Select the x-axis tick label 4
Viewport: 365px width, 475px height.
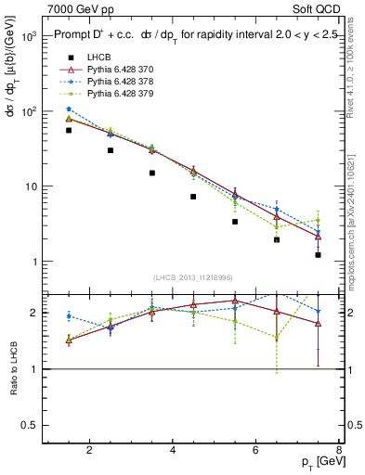[x=174, y=451]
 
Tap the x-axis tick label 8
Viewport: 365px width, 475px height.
[x=340, y=451]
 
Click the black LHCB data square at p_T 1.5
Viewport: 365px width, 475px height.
[x=69, y=130]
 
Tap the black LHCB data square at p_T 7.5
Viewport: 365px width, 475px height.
[x=318, y=254]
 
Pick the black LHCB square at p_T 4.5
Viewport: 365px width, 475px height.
[x=193, y=197]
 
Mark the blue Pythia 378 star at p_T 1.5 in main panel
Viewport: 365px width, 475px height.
[x=69, y=109]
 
